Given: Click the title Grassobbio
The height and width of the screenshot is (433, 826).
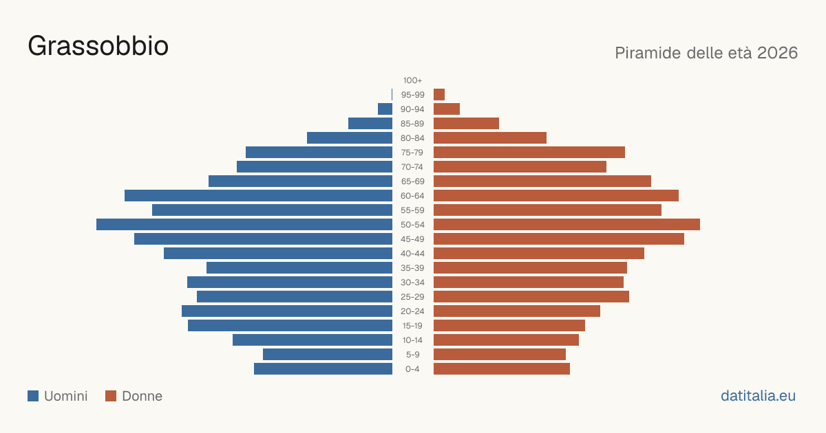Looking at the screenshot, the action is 98,46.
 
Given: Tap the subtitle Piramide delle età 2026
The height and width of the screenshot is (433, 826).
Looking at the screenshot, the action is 706,53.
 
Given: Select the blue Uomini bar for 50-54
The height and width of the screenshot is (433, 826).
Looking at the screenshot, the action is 244,225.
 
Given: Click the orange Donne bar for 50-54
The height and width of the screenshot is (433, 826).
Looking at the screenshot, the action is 566,225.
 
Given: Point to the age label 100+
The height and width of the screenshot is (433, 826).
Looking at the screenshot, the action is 412,80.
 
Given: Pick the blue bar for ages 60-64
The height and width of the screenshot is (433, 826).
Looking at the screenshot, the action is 259,195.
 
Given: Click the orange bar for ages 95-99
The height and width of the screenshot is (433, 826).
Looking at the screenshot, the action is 439,95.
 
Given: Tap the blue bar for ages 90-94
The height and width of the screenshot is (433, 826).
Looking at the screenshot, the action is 385,109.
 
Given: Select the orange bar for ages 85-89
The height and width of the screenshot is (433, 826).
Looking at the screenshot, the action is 466,123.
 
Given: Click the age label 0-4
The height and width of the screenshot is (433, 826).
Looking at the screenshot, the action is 412,369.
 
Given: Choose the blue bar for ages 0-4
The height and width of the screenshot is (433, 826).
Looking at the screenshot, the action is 323,369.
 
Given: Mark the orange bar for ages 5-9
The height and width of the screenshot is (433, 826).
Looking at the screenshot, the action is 500,355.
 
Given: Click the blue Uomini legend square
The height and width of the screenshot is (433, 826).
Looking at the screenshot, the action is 33,396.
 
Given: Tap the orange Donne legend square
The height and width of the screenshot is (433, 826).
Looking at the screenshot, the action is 111,396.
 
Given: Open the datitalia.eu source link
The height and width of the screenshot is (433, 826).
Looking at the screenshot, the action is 758,396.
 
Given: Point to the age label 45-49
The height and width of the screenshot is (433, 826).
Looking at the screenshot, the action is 412,239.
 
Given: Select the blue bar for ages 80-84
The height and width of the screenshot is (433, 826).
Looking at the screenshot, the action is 350,138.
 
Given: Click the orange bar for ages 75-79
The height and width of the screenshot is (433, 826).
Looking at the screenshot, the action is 529,153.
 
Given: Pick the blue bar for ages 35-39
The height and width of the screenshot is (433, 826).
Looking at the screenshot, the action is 299,267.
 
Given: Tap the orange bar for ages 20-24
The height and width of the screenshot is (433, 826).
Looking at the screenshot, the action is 517,311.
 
